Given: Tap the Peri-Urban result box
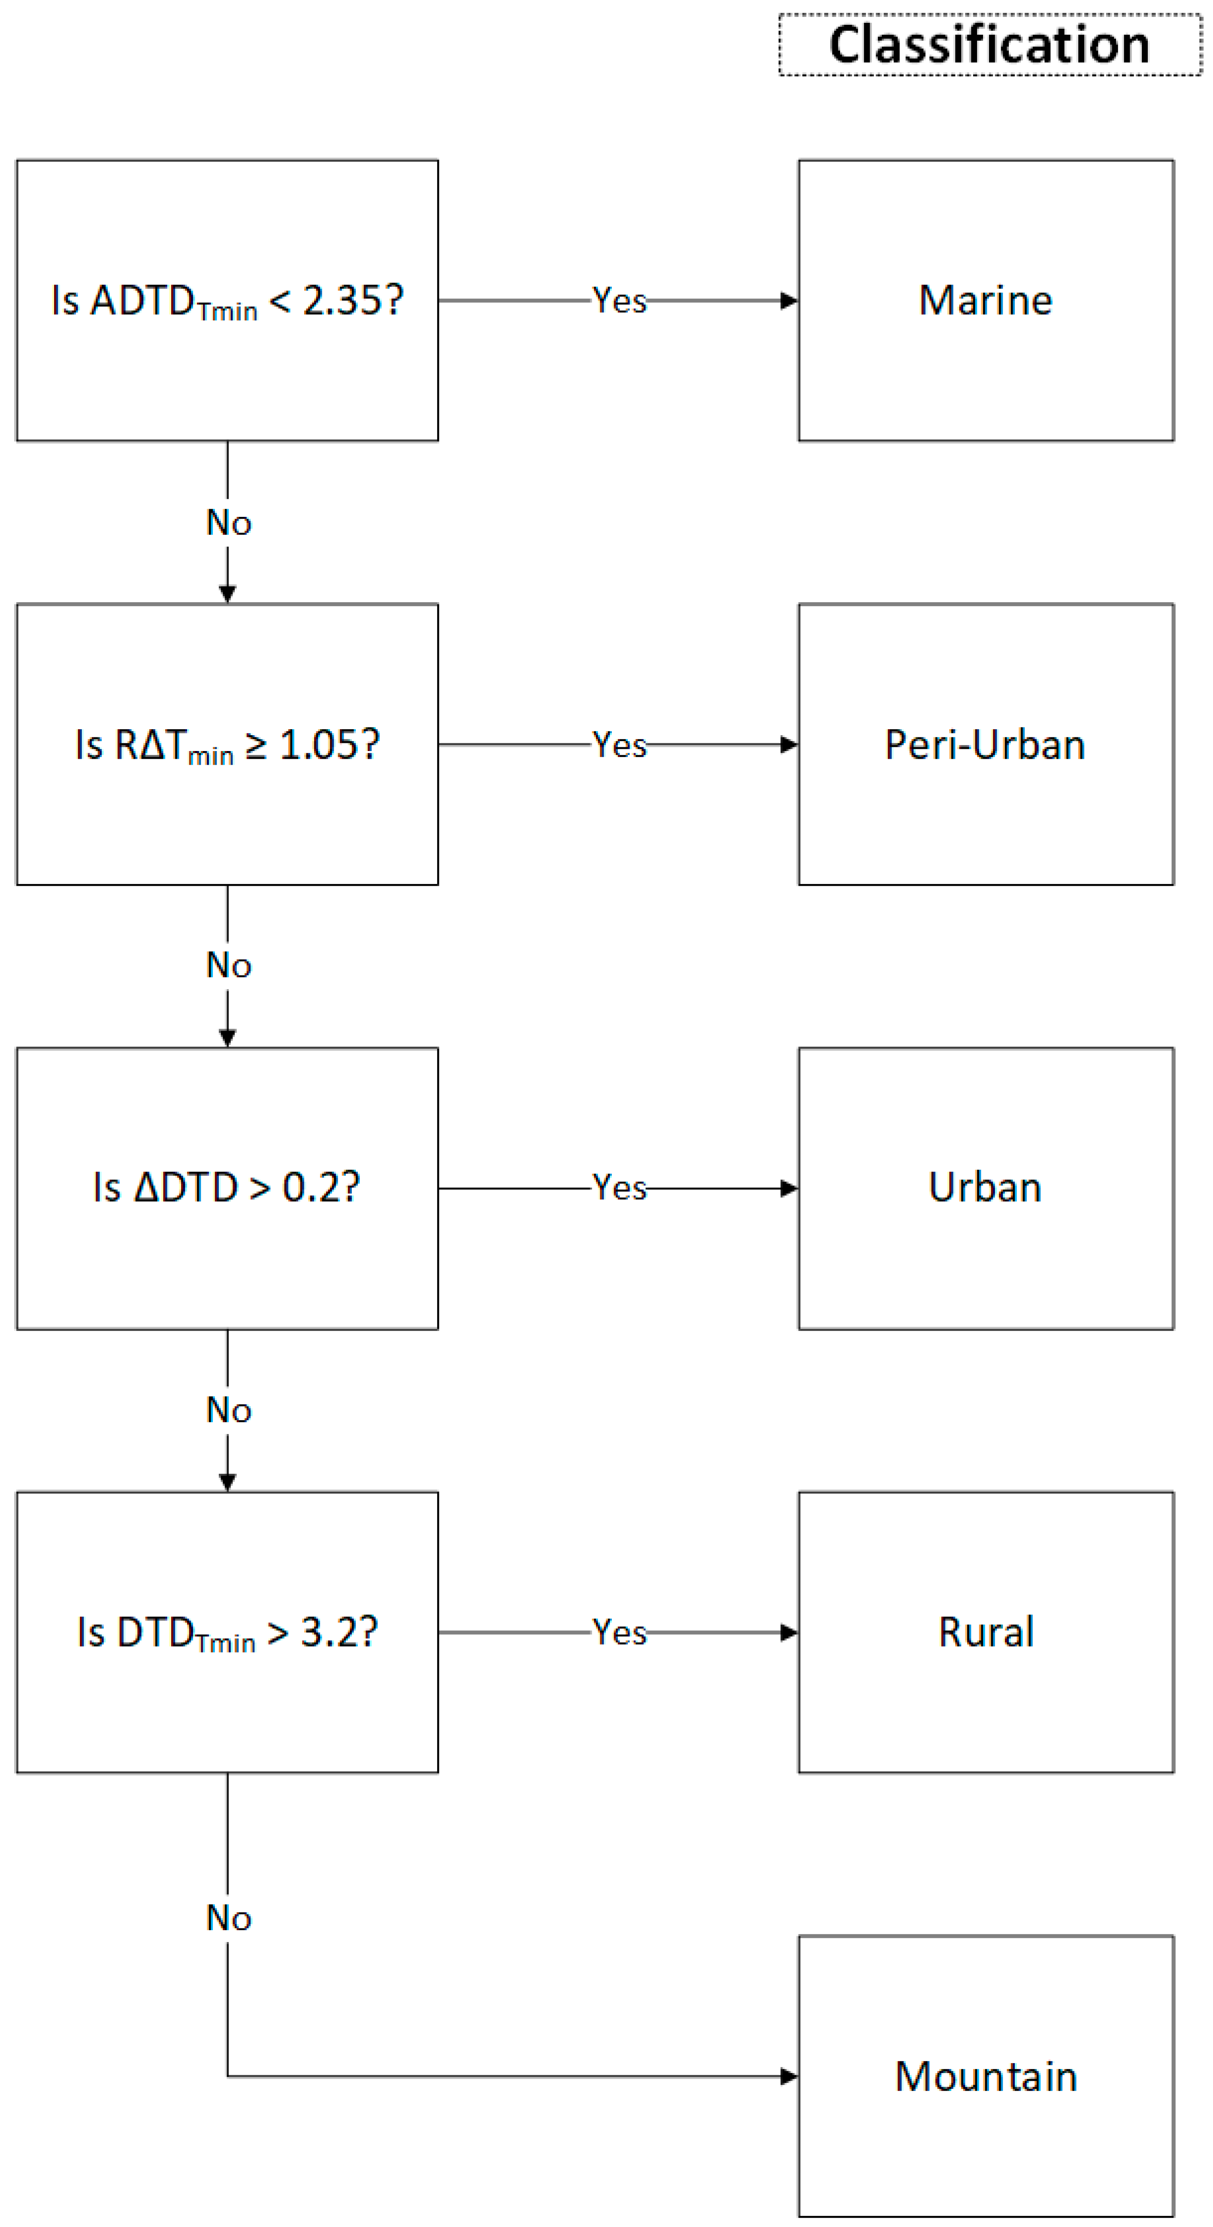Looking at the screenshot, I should (x=986, y=744).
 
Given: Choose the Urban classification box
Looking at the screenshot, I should (x=986, y=1188).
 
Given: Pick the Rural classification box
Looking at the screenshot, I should (x=986, y=1632).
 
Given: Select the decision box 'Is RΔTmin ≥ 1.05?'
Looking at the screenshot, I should (x=227, y=744).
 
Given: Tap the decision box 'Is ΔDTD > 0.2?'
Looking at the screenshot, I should (x=227, y=1188).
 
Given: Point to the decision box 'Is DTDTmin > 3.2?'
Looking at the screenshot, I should (x=227, y=1632).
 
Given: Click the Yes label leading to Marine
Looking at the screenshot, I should (x=619, y=301).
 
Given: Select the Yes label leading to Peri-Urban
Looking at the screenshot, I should (x=619, y=744).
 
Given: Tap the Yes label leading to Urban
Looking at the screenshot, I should (x=619, y=1188).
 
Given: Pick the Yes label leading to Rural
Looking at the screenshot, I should (x=619, y=1632).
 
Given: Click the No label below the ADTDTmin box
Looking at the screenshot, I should (x=228, y=522).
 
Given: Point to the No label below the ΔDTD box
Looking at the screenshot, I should (x=228, y=1410).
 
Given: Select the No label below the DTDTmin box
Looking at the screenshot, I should (x=228, y=1917).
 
